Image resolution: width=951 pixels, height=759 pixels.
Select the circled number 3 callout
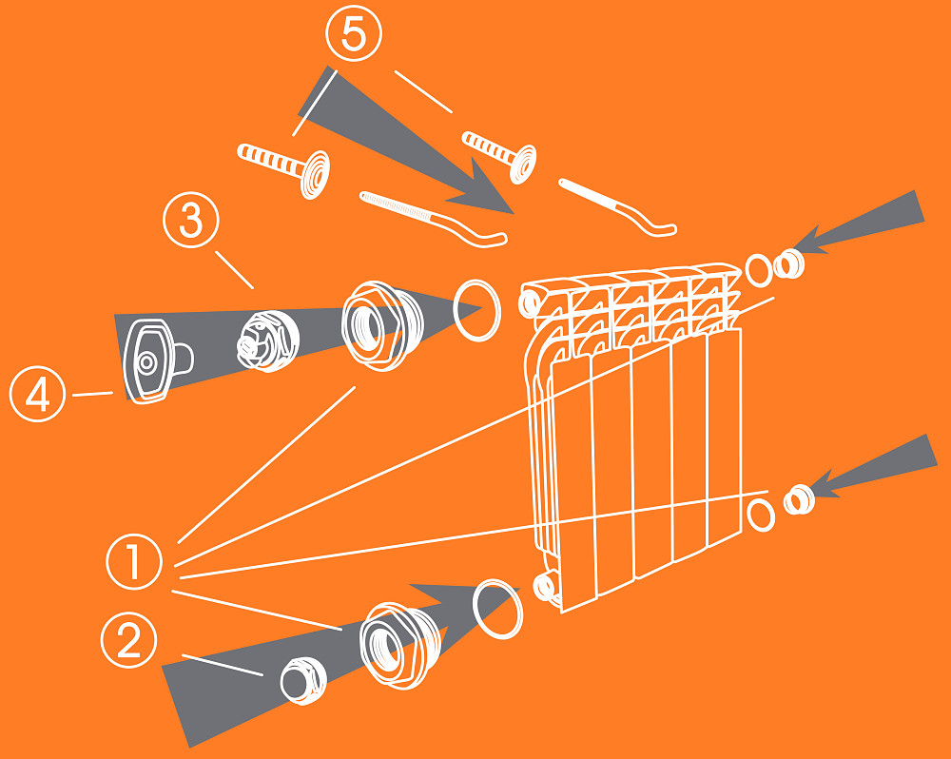point(191,220)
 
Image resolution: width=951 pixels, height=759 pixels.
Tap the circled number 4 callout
point(38,394)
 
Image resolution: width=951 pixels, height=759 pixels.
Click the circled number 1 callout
point(134,561)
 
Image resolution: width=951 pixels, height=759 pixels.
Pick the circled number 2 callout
point(128,640)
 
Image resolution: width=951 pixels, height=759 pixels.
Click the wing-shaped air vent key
point(157,360)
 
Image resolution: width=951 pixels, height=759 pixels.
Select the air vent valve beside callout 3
point(267,341)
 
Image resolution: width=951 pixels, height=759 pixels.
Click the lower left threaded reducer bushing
point(399,646)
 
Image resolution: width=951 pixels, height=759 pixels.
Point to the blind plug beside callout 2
point(303,681)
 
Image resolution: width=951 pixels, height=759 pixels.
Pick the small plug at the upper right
point(789,263)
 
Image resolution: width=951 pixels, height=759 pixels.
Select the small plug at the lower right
point(799,499)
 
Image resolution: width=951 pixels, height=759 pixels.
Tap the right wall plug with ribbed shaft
point(500,154)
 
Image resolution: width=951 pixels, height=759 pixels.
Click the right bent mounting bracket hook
point(616,205)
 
